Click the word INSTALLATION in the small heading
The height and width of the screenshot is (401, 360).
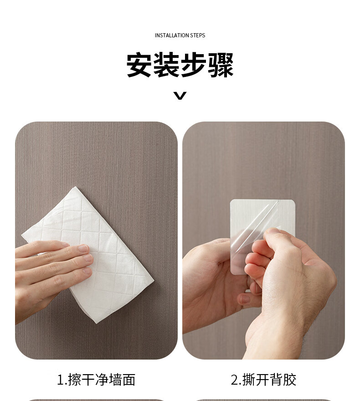click(x=172, y=36)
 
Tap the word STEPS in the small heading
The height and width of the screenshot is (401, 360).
click(x=198, y=36)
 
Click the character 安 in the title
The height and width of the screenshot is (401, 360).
click(x=139, y=65)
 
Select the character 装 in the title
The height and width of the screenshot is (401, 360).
click(x=166, y=65)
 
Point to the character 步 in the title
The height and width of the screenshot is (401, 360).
click(x=193, y=65)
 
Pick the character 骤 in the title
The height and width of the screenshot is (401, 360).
click(x=221, y=65)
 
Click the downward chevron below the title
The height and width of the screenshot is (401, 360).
click(x=180, y=96)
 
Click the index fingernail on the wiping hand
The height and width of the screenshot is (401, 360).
click(x=83, y=248)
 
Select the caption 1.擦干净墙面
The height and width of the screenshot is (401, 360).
click(x=96, y=380)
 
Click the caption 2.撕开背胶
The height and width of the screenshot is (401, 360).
click(x=263, y=380)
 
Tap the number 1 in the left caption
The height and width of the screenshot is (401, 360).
click(x=61, y=380)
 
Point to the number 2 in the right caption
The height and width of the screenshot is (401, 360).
click(x=235, y=380)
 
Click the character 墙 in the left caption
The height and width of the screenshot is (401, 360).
click(x=115, y=380)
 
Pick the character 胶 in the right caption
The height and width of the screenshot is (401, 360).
click(x=290, y=380)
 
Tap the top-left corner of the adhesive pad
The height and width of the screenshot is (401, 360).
click(x=231, y=200)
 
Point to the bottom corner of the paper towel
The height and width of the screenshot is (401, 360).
click(x=96, y=323)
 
